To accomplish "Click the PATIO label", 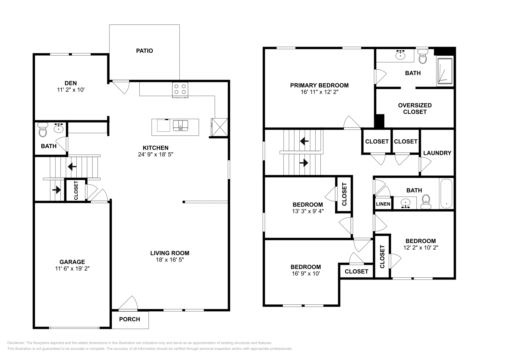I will (144, 51).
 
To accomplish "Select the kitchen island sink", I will (180, 125).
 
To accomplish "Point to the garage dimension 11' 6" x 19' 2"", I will (72, 268).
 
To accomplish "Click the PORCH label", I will (129, 319).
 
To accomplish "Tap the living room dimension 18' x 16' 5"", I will (170, 260).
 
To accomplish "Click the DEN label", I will (71, 83).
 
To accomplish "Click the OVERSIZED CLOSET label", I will (415, 108).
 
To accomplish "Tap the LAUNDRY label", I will (437, 153).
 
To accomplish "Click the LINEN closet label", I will (383, 204).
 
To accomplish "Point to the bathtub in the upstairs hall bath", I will (446, 194).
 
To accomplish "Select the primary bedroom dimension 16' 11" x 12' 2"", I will (319, 92).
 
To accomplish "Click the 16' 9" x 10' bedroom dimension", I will (305, 273).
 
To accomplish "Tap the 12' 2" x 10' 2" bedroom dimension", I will (421, 248).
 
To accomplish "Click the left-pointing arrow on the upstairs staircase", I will (304, 141).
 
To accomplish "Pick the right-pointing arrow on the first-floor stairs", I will (56, 190).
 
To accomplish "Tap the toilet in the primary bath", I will (422, 58).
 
